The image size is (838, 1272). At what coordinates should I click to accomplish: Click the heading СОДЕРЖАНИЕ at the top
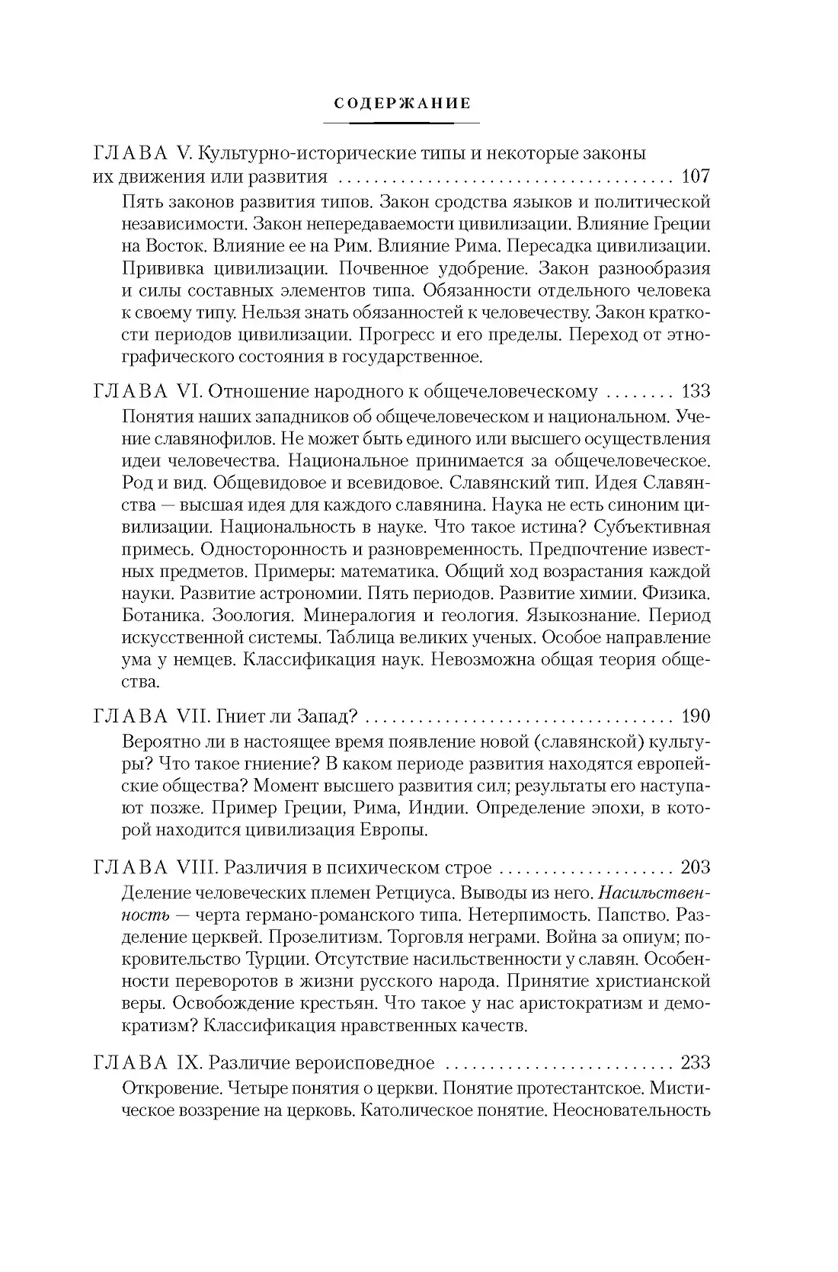point(402,103)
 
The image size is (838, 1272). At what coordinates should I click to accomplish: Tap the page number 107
point(695,178)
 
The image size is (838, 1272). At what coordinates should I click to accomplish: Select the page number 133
point(695,392)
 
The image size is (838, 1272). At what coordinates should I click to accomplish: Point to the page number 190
point(695,716)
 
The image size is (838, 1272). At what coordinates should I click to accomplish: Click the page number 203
point(695,868)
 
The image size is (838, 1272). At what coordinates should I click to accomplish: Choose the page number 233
point(695,1063)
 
